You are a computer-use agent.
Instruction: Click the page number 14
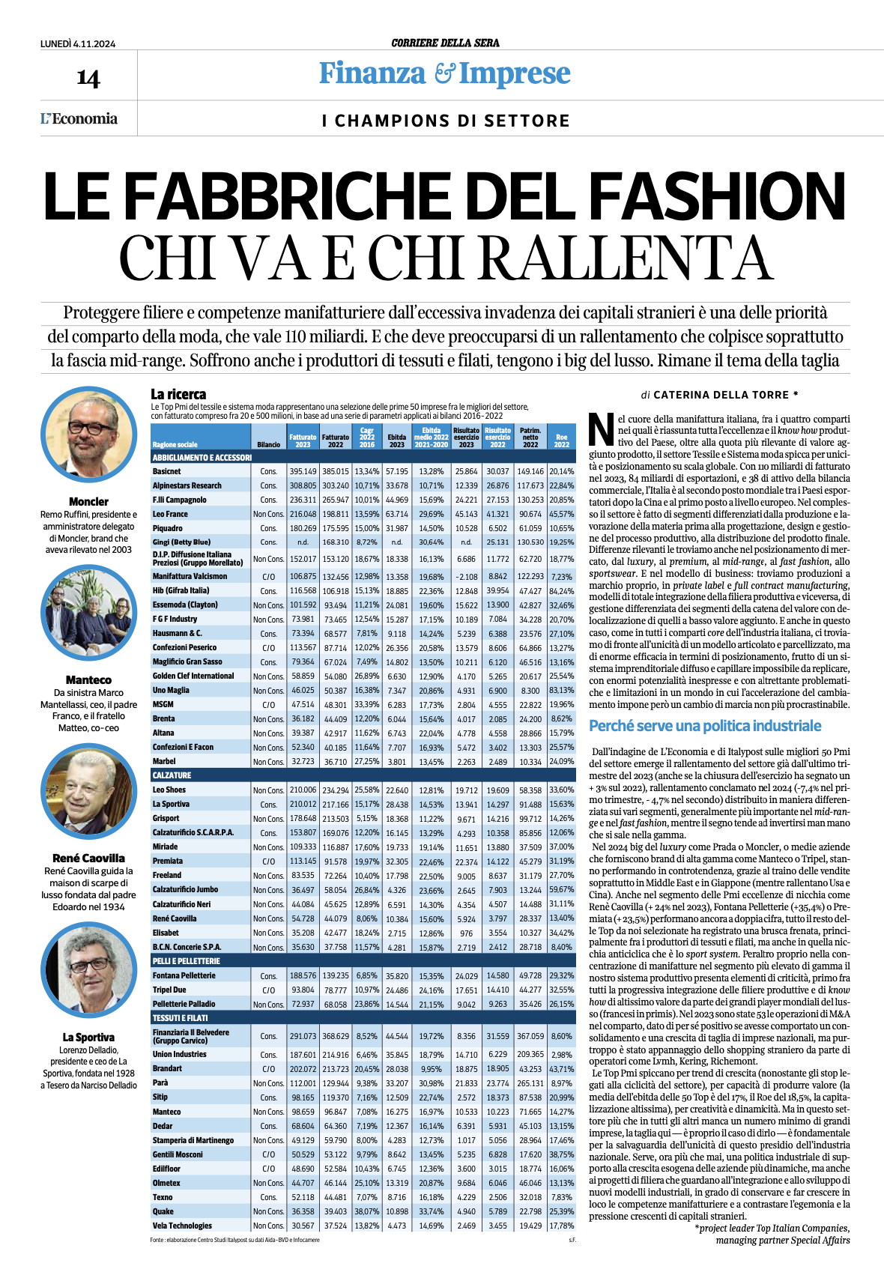[88, 78]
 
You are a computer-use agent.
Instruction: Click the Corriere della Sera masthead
[445, 43]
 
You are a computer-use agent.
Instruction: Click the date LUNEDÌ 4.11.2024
[78, 43]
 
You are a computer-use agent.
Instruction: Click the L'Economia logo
[79, 118]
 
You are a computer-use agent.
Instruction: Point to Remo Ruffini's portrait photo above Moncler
[88, 434]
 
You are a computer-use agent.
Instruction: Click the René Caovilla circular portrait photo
[88, 792]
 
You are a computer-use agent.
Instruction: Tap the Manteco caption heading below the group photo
[88, 679]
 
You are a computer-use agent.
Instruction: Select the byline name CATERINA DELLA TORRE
[721, 395]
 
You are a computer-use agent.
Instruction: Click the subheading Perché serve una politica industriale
[705, 726]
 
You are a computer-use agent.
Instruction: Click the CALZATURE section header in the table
[172, 775]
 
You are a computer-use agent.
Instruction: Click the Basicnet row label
[166, 471]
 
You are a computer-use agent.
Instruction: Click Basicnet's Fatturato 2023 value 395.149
[303, 471]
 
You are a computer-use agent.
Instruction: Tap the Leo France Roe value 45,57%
[561, 514]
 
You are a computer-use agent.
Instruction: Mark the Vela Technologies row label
[182, 1226]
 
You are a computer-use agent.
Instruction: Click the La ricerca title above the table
[178, 394]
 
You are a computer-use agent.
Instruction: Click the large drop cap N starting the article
[602, 428]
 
